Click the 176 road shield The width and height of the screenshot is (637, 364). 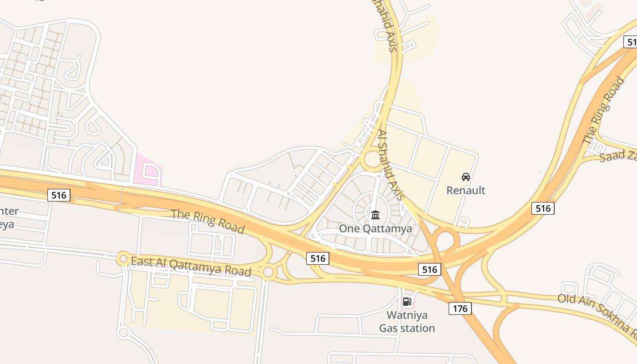[460, 308]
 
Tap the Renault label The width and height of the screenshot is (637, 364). [465, 190]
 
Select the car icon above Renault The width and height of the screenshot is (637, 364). [465, 177]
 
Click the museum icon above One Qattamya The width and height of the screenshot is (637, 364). [375, 215]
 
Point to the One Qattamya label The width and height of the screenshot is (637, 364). [375, 228]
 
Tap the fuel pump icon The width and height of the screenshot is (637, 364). [407, 301]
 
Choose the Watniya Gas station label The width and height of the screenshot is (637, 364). [407, 321]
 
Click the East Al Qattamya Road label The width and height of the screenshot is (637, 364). [191, 267]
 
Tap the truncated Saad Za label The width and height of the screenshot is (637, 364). [617, 156]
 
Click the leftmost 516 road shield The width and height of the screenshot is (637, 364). [59, 195]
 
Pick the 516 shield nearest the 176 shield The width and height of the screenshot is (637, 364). [430, 269]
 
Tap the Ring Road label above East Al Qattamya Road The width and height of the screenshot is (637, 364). [207, 221]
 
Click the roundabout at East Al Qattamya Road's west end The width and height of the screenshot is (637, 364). [123, 258]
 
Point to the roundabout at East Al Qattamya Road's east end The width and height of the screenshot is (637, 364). [268, 272]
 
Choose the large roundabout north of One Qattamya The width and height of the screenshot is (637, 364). [373, 159]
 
